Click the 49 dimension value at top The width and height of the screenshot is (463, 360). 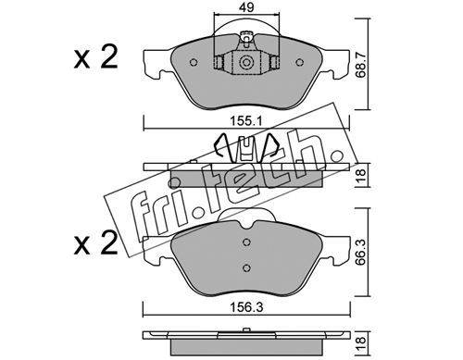246,7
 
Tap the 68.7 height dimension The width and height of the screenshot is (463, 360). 361,64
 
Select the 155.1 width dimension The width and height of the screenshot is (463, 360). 246,120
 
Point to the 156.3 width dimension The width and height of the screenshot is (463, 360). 246,307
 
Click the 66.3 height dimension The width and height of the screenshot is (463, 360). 361,253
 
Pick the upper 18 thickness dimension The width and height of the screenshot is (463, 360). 361,175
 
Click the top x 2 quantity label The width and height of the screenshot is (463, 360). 95,56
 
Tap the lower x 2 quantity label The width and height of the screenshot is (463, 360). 95,243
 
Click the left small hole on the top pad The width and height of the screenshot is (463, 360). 194,63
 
